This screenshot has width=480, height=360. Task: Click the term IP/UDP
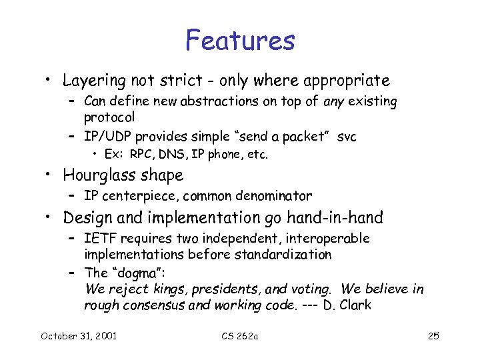pyautogui.click(x=107, y=137)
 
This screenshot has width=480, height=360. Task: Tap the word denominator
pyautogui.click(x=273, y=196)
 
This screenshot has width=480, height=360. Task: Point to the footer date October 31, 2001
pyautogui.click(x=79, y=335)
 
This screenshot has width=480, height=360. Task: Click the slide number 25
pyautogui.click(x=433, y=335)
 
